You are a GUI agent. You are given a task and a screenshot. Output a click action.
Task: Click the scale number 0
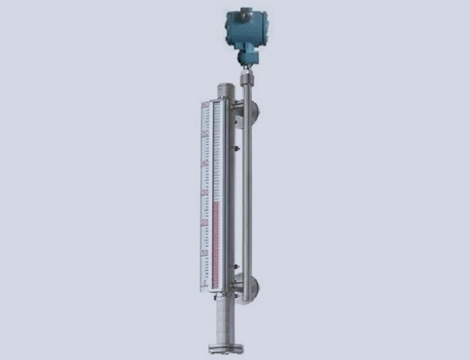tap(202, 283)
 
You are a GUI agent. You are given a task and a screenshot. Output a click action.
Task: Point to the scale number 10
tap(202, 253)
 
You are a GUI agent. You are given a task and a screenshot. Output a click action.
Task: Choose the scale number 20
tap(202, 223)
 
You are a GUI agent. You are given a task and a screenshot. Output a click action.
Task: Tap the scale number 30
tap(202, 193)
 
